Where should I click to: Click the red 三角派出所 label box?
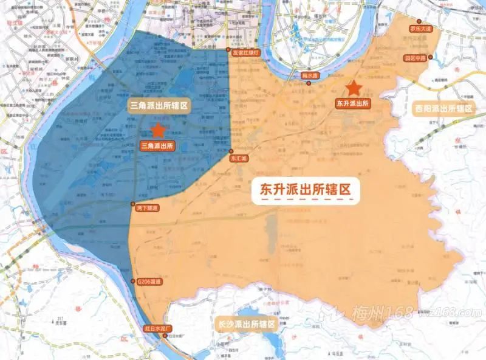(157, 146)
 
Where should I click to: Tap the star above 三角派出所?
(158, 130)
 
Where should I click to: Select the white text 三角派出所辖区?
(160, 106)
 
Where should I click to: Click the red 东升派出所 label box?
(353, 104)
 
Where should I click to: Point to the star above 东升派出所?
(354, 89)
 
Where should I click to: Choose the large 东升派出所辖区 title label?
(306, 190)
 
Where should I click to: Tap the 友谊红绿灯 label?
(246, 53)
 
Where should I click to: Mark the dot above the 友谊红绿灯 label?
(228, 49)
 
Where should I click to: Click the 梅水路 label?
(310, 76)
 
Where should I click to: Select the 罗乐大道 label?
(420, 29)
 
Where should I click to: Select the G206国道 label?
(149, 282)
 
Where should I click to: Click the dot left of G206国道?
(133, 281)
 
